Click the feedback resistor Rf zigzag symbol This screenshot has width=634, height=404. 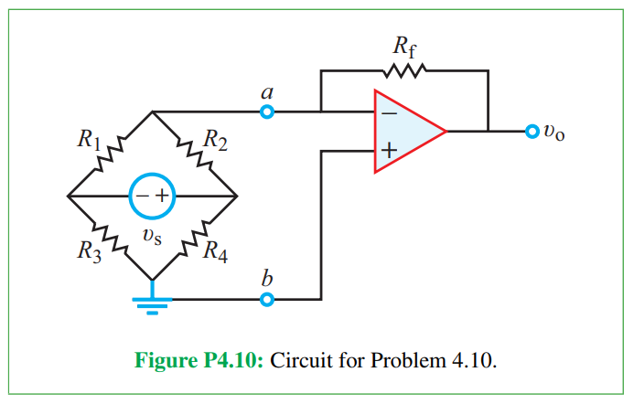tap(404, 70)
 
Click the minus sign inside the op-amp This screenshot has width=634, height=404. tap(388, 113)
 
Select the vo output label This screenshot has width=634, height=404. tap(554, 133)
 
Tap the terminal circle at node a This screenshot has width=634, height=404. tap(266, 112)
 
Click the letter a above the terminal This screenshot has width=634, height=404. tap(266, 91)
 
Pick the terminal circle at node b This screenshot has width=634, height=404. tap(266, 299)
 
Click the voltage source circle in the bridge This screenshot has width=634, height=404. tap(152, 196)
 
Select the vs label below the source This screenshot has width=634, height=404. tap(152, 236)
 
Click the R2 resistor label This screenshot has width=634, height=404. tap(216, 141)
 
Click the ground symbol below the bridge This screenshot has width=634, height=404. tap(152, 303)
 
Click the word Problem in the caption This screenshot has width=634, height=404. tap(409, 358)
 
